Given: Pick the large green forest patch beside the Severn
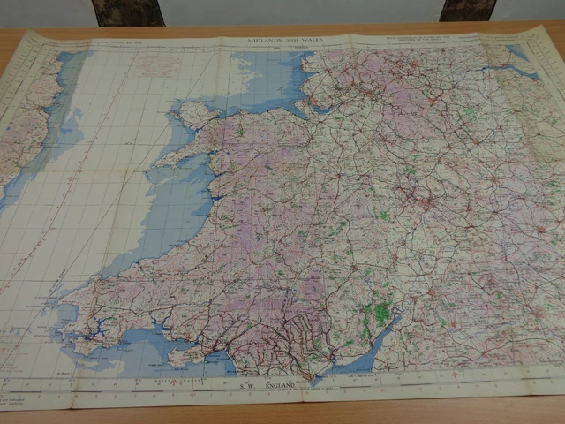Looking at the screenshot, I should click(x=381, y=314).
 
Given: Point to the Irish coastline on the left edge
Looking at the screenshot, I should click(x=22, y=132).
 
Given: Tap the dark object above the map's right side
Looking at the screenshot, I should click(x=465, y=10).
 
